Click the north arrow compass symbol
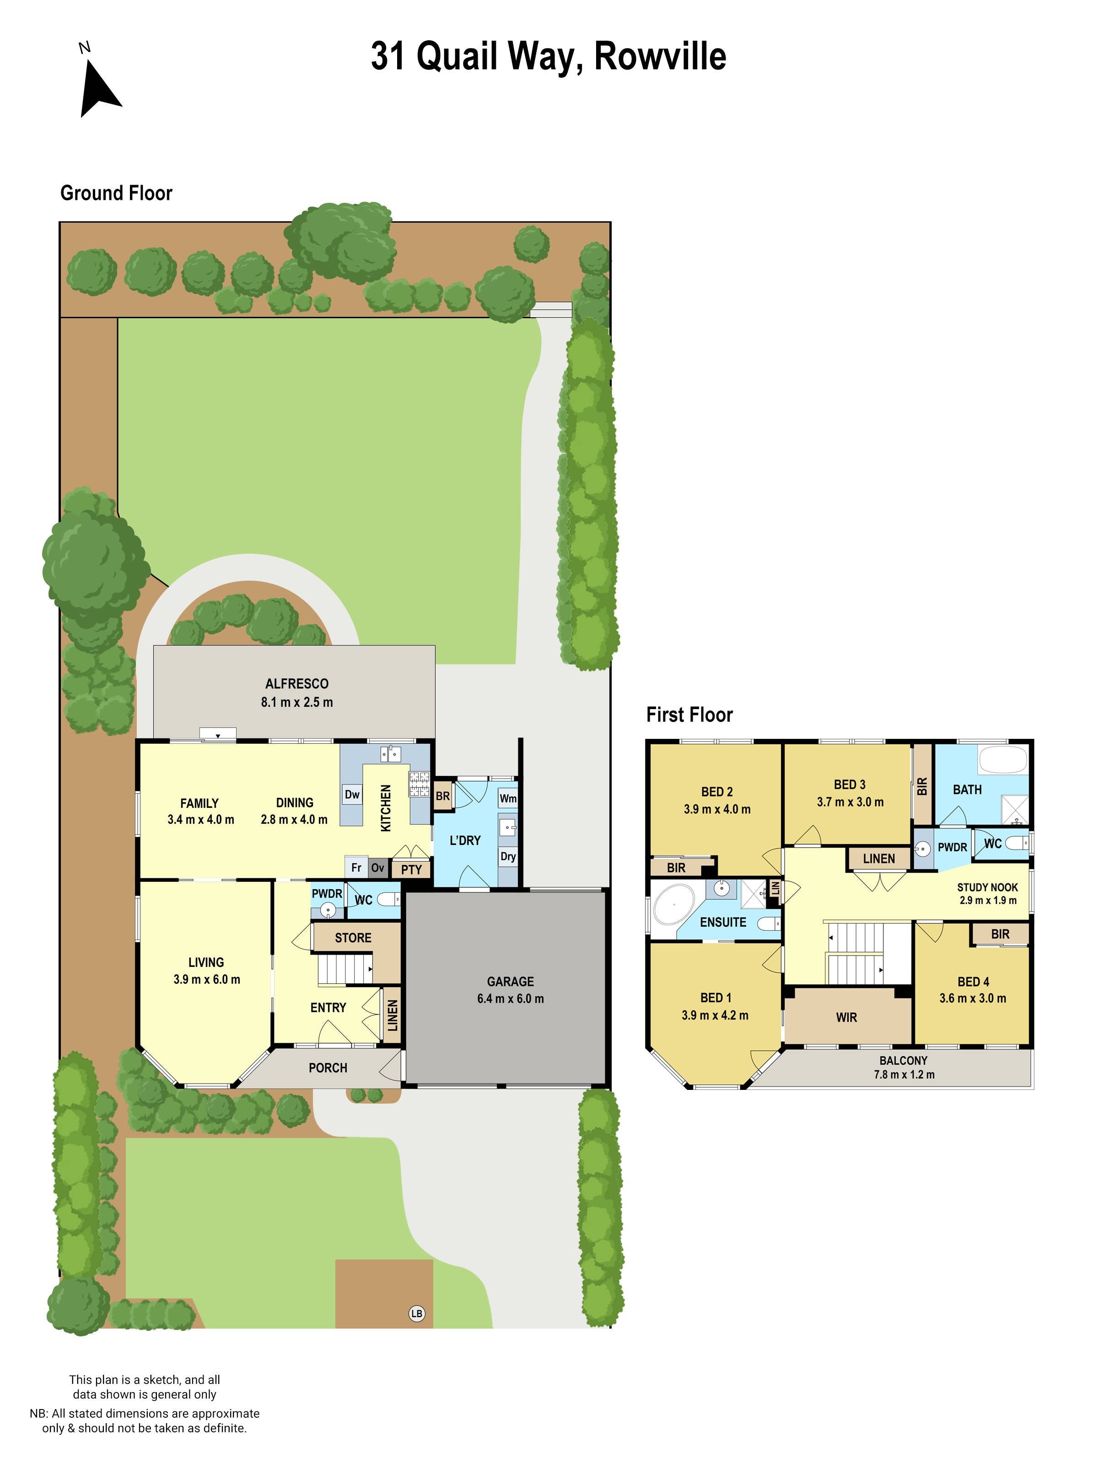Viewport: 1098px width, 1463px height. click(99, 88)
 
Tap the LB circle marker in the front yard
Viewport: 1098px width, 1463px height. click(416, 1313)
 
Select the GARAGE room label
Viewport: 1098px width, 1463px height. click(510, 982)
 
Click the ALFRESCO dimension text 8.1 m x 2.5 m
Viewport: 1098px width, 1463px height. click(296, 702)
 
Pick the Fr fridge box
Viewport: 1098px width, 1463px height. click(356, 868)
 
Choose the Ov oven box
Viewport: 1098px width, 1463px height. click(377, 868)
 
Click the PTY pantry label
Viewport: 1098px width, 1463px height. click(411, 870)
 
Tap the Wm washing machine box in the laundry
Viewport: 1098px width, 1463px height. click(508, 798)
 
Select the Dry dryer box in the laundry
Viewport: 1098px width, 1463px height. click(508, 856)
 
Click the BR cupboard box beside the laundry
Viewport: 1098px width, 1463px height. click(442, 796)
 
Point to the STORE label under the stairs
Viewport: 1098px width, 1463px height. click(353, 938)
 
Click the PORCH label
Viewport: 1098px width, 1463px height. click(328, 1068)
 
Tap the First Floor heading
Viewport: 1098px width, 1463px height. click(689, 715)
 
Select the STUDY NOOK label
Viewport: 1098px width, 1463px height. click(987, 887)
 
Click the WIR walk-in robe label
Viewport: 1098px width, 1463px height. click(846, 1018)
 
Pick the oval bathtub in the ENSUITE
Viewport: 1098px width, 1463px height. click(674, 904)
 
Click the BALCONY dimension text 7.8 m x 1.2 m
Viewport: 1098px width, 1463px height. click(904, 1075)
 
